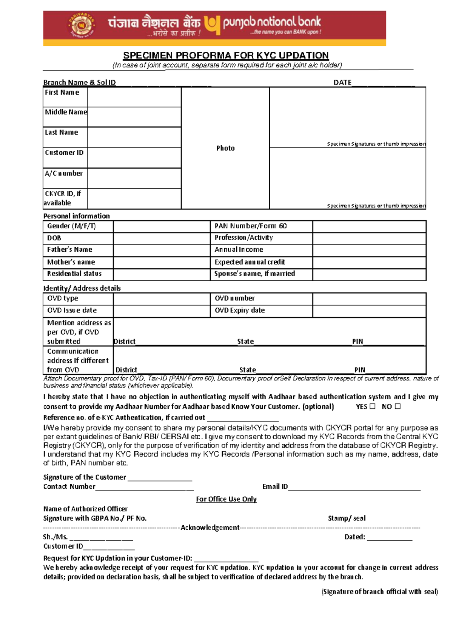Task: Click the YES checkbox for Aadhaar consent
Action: coord(372,406)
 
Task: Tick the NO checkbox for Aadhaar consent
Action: coord(398,406)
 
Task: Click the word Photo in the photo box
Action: coord(225,148)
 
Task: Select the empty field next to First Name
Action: coord(134,97)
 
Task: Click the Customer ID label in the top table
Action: coord(64,153)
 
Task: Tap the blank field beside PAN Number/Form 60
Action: coord(369,226)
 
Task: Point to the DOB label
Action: coord(54,238)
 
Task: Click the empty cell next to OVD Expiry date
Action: coord(369,311)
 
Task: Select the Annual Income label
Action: coord(239,250)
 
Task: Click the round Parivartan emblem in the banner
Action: coord(81,25)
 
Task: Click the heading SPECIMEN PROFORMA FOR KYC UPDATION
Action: coord(226,55)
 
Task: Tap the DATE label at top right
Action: coord(342,83)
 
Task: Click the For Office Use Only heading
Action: coord(226,499)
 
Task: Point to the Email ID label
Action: coord(275,487)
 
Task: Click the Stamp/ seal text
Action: coord(347,518)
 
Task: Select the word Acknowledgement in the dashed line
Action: coord(210,528)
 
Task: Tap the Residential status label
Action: coord(74,274)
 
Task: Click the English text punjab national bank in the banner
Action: coord(272,22)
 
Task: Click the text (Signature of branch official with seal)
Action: coord(379,592)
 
